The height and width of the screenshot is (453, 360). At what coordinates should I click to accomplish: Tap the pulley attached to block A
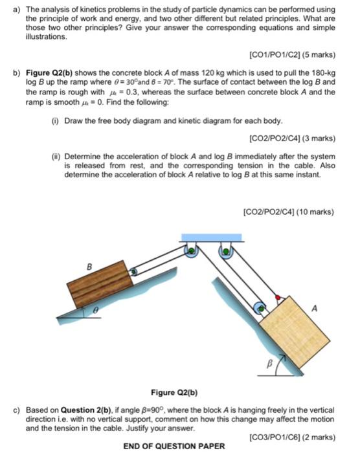pos(260,308)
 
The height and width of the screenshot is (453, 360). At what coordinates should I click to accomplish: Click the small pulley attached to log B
pos(132,272)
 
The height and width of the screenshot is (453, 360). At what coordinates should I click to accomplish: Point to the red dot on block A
pos(278,297)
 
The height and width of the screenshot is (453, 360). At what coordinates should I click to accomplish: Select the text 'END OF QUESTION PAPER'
pos(174,446)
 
